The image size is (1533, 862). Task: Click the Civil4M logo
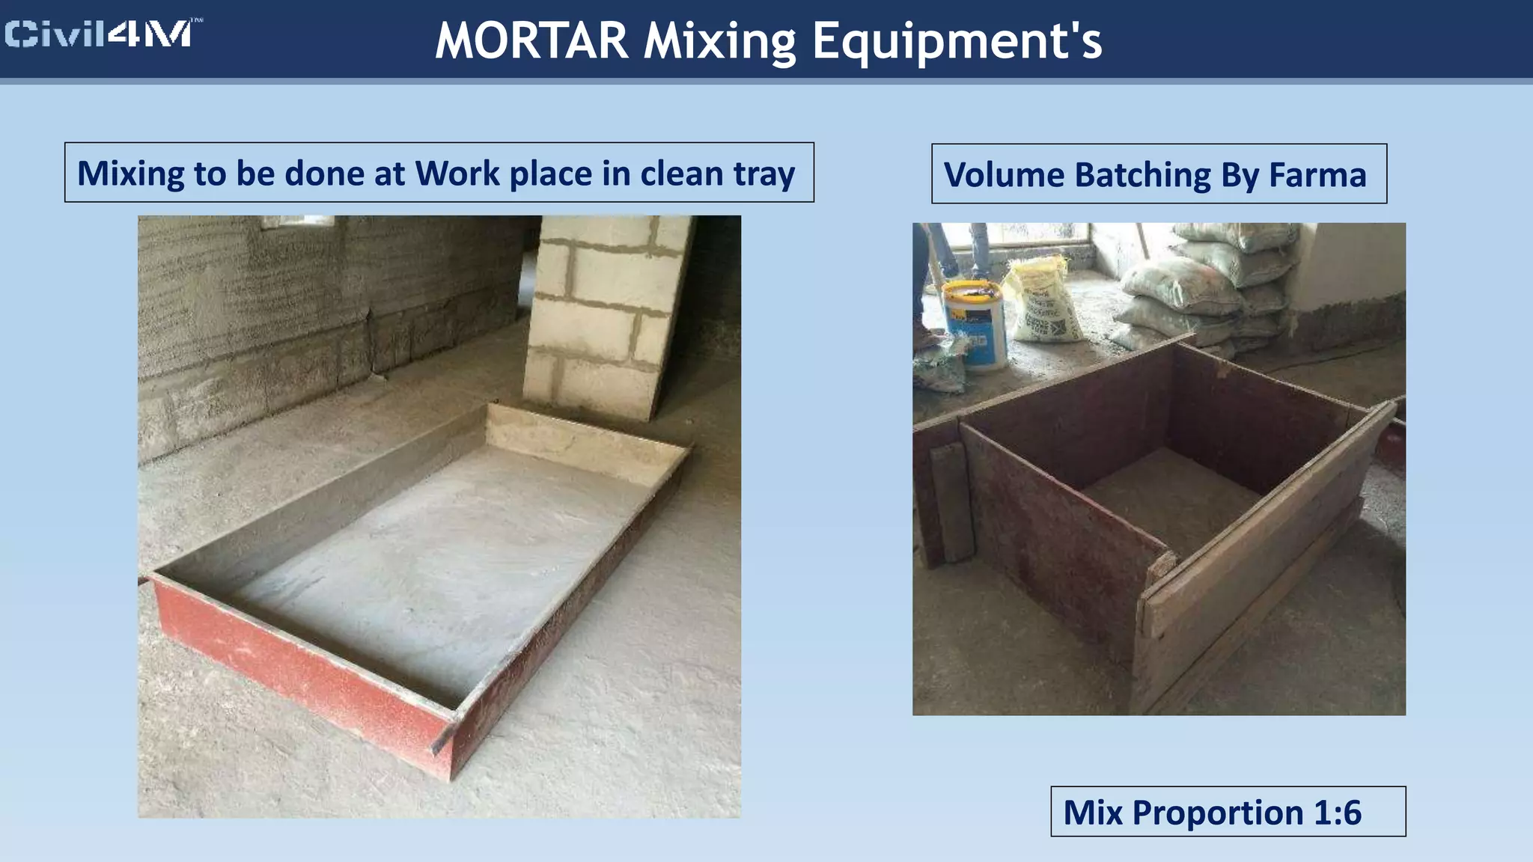pyautogui.click(x=102, y=34)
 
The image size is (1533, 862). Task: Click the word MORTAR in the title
pyautogui.click(x=531, y=40)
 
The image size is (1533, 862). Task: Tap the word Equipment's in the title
pyautogui.click(x=957, y=40)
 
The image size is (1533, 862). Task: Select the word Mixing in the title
pyautogui.click(x=719, y=40)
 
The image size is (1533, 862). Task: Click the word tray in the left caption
pyautogui.click(x=764, y=174)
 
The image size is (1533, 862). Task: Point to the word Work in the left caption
pyautogui.click(x=458, y=174)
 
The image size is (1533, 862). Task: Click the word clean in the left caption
pyautogui.click(x=681, y=174)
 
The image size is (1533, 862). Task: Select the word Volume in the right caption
pyautogui.click(x=1004, y=175)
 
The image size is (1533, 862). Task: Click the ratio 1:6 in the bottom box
pyautogui.click(x=1338, y=813)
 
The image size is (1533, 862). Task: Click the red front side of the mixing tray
pyautogui.click(x=299, y=666)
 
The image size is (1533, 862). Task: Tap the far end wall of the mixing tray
pyautogui.click(x=584, y=438)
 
